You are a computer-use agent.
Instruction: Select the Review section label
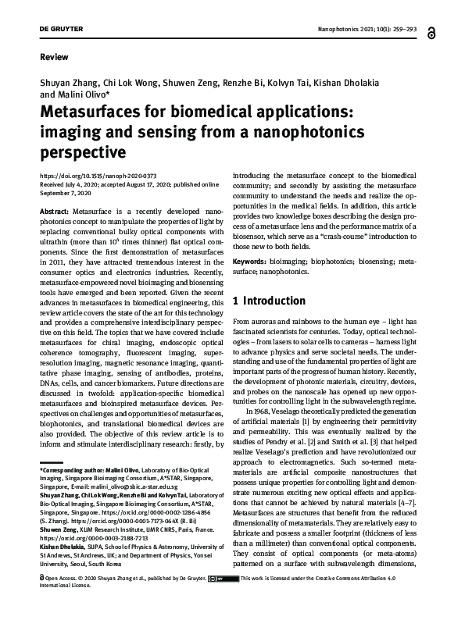pyautogui.click(x=51, y=58)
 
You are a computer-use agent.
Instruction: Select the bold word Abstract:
pyautogui.click(x=54, y=212)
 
